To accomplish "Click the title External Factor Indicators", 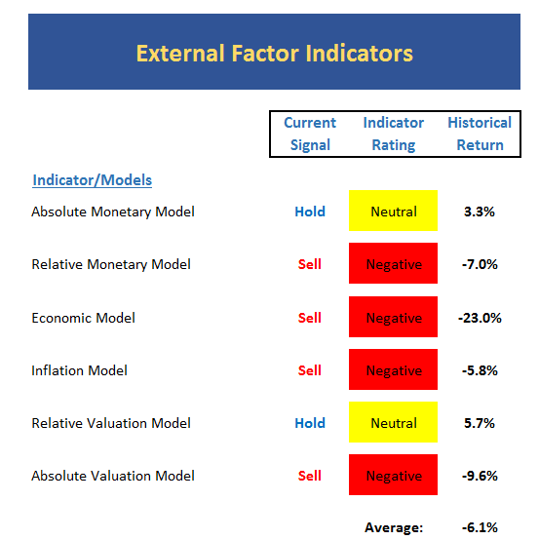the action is (275, 54).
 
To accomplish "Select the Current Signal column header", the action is (310, 134).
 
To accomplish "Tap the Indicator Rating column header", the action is (394, 134).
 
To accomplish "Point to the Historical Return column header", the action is (480, 134).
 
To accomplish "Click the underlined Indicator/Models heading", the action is (92, 180).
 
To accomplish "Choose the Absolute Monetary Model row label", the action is (113, 212).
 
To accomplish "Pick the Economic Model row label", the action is (84, 318).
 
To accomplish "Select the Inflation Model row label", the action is (79, 370).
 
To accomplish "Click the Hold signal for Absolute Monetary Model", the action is (310, 212).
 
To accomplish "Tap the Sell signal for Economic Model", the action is (310, 318).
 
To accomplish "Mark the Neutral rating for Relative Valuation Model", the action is (394, 422).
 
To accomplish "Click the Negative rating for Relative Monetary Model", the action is (394, 263).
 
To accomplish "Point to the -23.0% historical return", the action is (480, 318).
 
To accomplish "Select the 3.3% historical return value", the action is (480, 212).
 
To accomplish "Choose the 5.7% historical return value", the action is (480, 423).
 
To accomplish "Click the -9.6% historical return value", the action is (480, 476).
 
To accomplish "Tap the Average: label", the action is (394, 527).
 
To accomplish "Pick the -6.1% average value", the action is (480, 527).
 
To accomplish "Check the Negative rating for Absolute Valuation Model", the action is (394, 475).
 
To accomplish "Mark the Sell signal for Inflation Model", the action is (310, 370).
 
